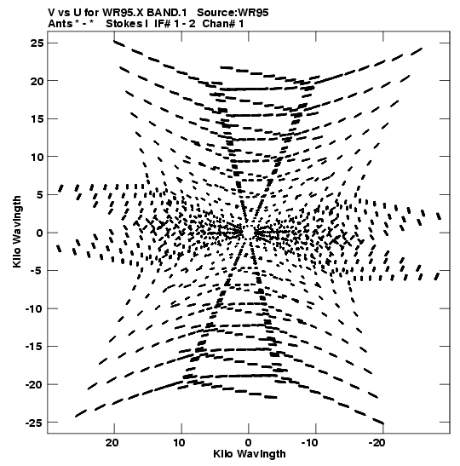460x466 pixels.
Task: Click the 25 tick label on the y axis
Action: point(37,43)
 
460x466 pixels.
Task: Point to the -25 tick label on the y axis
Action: point(34,423)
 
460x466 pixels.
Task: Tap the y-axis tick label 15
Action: point(37,119)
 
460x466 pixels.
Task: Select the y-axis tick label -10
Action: point(34,308)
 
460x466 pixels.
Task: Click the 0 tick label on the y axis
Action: point(40,233)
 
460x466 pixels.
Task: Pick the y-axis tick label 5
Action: point(40,195)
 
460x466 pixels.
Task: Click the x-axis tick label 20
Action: point(112,443)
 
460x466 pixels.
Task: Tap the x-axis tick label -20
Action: point(377,443)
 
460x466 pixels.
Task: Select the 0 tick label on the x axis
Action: point(249,443)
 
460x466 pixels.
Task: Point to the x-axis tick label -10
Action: point(310,443)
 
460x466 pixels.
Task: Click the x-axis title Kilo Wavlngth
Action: point(250,454)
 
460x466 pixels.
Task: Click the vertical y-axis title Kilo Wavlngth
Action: point(17,232)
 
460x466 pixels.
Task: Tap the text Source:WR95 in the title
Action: point(233,13)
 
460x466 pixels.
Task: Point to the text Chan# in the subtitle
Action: point(216,24)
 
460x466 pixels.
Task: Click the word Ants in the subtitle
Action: point(60,24)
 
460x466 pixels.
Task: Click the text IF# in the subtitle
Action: point(163,24)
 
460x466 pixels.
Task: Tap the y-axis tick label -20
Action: point(34,384)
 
